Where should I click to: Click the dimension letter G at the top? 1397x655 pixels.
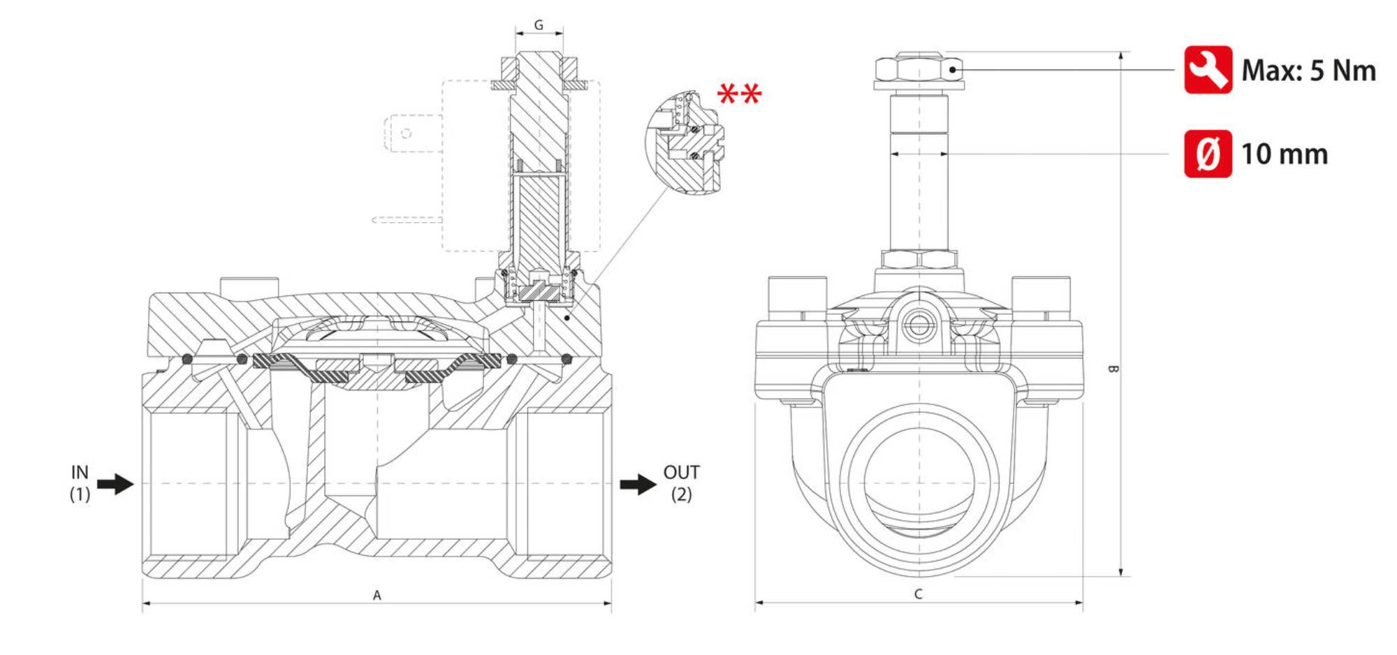tap(539, 25)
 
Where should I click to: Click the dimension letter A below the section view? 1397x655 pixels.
tap(376, 595)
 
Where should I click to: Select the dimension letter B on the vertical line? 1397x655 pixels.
tap(1113, 369)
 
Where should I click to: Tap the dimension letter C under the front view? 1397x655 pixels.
tap(919, 594)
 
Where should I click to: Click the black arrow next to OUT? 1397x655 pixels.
tap(638, 484)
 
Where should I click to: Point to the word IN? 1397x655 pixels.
tap(80, 473)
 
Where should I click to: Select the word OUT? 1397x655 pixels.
tap(681, 473)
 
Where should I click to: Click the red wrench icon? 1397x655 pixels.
tap(1208, 70)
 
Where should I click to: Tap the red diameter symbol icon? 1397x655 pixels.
tap(1208, 154)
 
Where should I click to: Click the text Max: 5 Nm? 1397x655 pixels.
tap(1308, 71)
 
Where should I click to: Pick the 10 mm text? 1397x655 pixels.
tap(1285, 154)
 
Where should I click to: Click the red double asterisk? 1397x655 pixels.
tap(739, 94)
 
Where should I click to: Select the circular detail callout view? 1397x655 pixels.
tap(685, 142)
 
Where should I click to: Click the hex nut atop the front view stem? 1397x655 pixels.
tap(919, 69)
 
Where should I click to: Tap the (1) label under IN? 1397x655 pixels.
tap(80, 494)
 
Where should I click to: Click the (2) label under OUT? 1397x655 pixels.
tap(681, 494)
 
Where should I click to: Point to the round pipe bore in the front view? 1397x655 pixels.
tap(919, 483)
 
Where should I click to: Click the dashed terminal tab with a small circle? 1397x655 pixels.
tap(405, 133)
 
